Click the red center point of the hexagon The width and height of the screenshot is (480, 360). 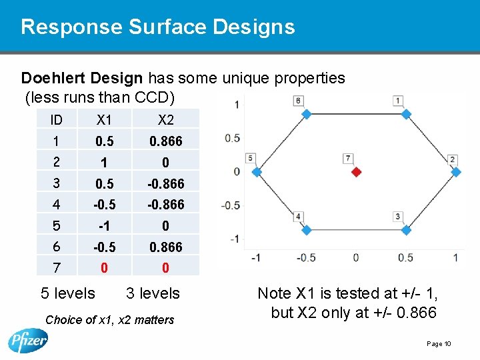[356, 172]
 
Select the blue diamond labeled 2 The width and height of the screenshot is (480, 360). [456, 172]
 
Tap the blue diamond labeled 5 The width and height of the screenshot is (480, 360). [257, 172]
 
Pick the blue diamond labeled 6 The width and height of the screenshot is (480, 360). [307, 114]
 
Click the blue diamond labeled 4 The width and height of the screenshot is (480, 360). [307, 230]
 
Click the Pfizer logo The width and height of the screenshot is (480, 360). [28, 339]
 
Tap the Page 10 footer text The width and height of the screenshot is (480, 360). [439, 344]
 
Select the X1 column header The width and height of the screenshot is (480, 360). [104, 120]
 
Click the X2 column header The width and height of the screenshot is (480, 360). [165, 120]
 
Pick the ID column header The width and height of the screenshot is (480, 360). [56, 120]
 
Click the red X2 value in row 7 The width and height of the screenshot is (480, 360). [165, 268]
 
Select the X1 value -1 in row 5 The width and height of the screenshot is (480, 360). [104, 226]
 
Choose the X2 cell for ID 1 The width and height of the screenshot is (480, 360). [165, 141]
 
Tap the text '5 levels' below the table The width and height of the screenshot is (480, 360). [68, 293]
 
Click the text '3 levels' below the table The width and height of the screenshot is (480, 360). [153, 293]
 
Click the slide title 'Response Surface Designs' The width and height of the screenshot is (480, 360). [157, 27]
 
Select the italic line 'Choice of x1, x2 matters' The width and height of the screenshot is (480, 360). [109, 320]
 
